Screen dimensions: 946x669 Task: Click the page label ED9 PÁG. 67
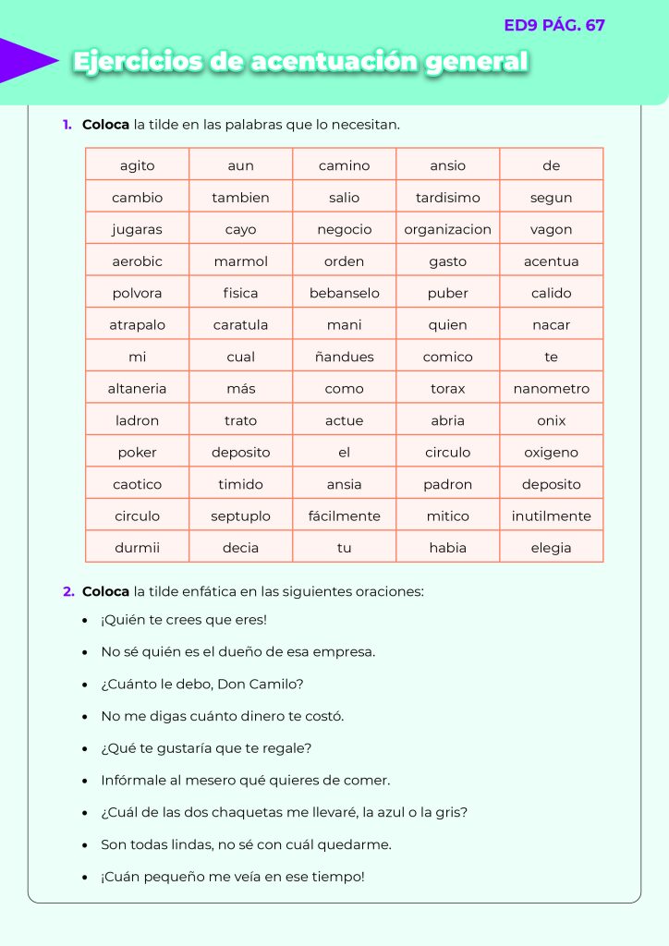[554, 25]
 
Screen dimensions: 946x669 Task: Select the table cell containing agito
[138, 165]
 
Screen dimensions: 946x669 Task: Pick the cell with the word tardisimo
[447, 198]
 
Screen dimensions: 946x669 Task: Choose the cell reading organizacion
[447, 229]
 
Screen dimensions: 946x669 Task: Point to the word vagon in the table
[551, 229]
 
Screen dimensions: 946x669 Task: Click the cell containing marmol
[240, 261]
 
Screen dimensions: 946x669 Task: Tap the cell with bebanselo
[344, 293]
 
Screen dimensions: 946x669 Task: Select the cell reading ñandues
[344, 357]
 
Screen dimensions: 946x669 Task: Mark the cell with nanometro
[551, 389]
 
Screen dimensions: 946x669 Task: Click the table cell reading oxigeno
[551, 453]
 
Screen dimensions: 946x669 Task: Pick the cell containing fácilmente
[344, 516]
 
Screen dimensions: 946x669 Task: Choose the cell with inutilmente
[551, 516]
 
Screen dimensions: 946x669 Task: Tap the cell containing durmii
[138, 548]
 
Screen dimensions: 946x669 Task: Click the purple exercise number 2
[67, 591]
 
